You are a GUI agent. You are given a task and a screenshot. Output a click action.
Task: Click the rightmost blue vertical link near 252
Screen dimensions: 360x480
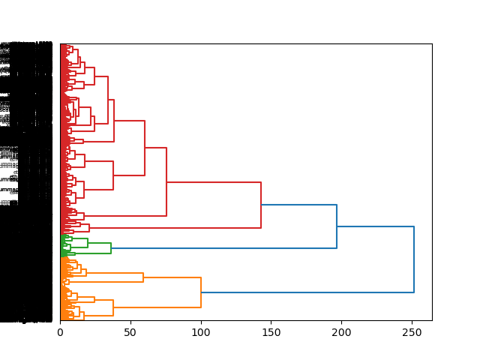click(x=414, y=259)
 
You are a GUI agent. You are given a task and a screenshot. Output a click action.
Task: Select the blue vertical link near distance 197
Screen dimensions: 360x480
click(x=337, y=226)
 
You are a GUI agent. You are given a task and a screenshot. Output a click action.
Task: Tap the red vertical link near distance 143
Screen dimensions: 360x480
click(x=261, y=205)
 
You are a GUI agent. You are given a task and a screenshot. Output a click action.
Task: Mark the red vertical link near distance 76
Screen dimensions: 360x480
click(x=166, y=181)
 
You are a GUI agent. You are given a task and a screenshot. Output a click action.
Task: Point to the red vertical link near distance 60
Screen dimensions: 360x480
click(x=145, y=148)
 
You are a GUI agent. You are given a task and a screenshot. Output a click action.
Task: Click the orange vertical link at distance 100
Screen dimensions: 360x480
click(x=201, y=292)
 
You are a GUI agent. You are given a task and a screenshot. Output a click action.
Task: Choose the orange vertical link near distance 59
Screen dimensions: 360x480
click(x=143, y=277)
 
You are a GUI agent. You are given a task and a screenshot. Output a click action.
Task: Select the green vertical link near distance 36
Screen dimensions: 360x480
click(x=111, y=248)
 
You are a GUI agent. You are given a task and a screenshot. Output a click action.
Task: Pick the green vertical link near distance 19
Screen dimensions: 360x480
click(x=87, y=243)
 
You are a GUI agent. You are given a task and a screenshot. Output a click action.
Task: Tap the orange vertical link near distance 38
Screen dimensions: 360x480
click(x=113, y=307)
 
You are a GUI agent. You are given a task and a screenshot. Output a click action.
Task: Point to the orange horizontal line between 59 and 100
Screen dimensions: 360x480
click(x=172, y=277)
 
